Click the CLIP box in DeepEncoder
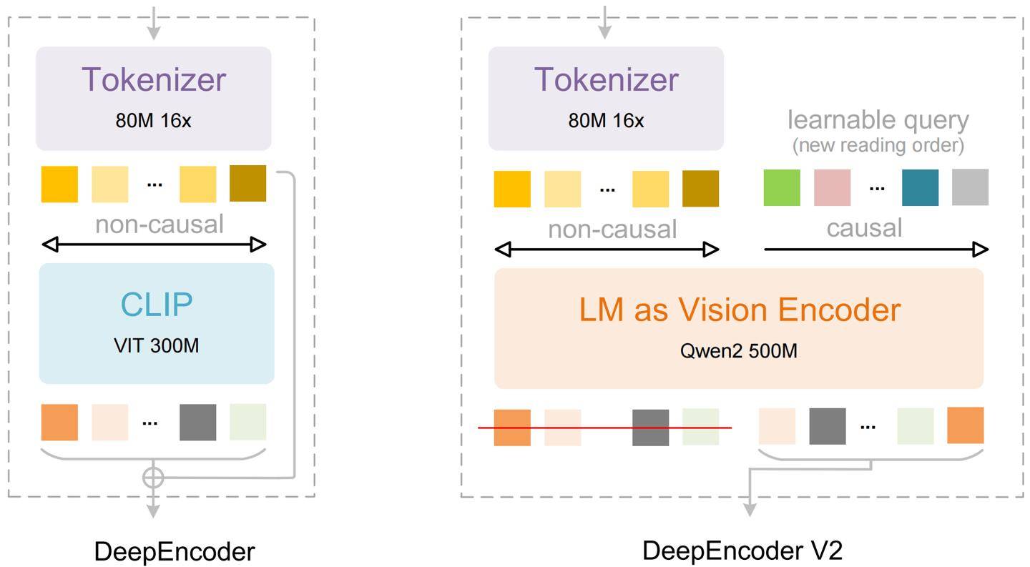tap(156, 323)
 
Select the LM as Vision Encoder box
tap(739, 328)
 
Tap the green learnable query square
tap(782, 187)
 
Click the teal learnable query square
tap(920, 187)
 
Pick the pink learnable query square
tap(832, 187)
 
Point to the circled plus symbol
tap(153, 477)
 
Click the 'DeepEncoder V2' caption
tap(742, 551)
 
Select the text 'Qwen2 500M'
tap(739, 351)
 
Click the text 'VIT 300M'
tap(156, 346)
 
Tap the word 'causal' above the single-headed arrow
tap(864, 228)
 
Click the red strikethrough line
tap(604, 428)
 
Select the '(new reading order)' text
tap(878, 145)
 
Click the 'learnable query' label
tap(878, 119)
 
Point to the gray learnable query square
tap(970, 187)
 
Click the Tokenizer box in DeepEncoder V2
tap(606, 98)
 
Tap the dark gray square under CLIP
tap(197, 422)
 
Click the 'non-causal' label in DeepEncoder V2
tap(612, 230)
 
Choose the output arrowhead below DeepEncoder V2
tap(749, 509)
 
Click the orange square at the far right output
tap(965, 425)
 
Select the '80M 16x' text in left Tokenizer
tap(153, 120)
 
